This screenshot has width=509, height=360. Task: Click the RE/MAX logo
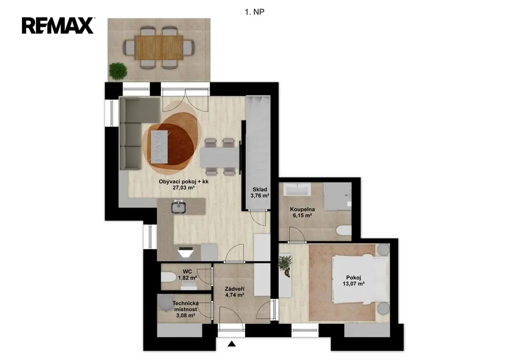click(58, 26)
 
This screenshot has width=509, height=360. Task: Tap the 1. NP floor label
click(255, 12)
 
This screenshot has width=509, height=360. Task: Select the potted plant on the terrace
click(118, 71)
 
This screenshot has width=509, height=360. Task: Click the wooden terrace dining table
click(159, 47)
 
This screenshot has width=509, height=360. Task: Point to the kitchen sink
click(179, 207)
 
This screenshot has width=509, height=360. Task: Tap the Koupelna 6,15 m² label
click(302, 212)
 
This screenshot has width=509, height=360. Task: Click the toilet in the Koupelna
click(344, 231)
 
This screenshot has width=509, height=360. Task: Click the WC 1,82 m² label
click(187, 275)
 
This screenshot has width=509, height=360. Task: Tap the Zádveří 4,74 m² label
click(235, 292)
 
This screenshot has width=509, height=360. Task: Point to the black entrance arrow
click(232, 344)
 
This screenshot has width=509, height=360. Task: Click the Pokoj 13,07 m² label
click(354, 281)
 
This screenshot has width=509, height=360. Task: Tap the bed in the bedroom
click(361, 279)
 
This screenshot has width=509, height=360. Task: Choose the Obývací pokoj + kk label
click(184, 184)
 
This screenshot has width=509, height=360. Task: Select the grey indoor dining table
click(220, 157)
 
